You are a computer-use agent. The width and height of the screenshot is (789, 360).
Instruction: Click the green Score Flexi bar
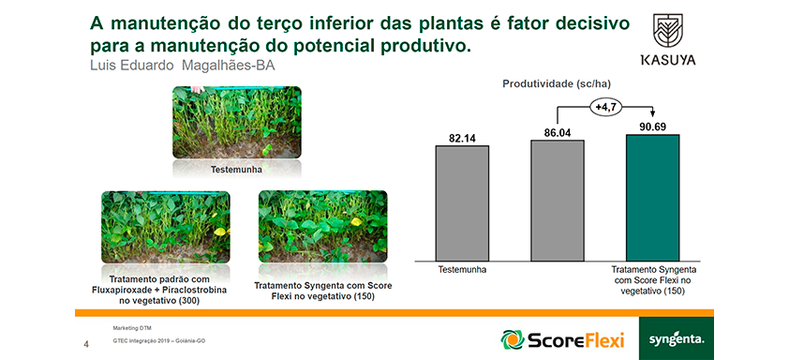[652, 198]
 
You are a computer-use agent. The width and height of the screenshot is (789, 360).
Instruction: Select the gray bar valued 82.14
[462, 203]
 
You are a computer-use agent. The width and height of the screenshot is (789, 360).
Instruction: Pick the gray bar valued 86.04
[558, 201]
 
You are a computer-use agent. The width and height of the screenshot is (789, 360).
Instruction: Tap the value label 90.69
[652, 127]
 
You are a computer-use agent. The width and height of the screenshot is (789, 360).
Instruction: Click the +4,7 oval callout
[605, 108]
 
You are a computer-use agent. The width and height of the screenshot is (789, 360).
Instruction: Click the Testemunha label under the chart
[462, 270]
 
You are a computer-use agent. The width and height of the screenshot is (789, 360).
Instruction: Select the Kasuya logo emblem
[667, 31]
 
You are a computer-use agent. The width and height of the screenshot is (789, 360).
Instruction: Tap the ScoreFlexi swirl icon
[513, 339]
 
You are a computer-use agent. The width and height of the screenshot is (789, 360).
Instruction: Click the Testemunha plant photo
[236, 123]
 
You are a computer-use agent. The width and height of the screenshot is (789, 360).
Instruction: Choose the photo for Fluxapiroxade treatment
[166, 227]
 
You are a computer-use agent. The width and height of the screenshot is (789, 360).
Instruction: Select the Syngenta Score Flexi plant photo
[322, 226]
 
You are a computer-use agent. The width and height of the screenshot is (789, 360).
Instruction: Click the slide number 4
[86, 345]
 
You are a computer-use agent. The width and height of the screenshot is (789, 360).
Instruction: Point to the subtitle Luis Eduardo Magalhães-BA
[182, 66]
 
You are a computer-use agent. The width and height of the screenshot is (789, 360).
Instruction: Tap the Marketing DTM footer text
[128, 328]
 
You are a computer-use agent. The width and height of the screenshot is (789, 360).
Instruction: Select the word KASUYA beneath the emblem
[668, 60]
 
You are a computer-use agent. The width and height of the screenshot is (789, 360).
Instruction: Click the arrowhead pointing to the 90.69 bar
[652, 116]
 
